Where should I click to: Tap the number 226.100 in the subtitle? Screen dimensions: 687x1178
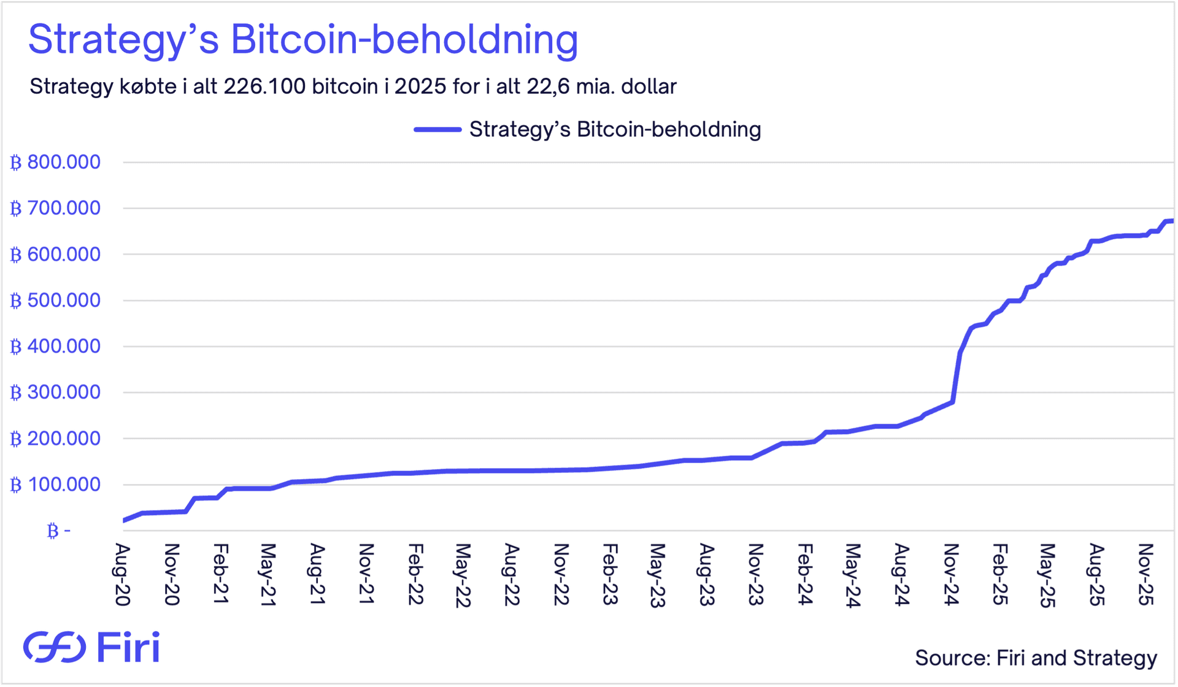coord(264,86)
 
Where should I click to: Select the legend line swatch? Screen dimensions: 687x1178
coord(437,129)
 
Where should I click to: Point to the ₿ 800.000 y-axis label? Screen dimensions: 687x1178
coord(55,163)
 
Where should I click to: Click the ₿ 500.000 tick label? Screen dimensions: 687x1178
coord(55,301)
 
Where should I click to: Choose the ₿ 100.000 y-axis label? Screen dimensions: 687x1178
coord(55,485)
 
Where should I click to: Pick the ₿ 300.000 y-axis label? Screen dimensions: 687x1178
coord(55,393)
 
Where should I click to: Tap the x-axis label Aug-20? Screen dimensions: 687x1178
coord(123,574)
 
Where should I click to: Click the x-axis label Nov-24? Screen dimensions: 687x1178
coord(951,574)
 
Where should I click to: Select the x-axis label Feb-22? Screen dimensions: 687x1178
coord(415,574)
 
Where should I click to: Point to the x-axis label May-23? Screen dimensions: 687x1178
coord(657,575)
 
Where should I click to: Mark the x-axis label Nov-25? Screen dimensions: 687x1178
coord(1145,574)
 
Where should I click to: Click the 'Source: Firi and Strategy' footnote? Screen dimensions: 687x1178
coord(1036,658)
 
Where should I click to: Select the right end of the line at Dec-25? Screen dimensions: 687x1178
coord(1172,221)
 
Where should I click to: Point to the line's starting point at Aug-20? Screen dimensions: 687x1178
coord(125,520)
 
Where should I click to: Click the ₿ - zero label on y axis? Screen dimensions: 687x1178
coord(59,531)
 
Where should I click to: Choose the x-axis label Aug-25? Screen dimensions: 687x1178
coord(1096,574)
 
